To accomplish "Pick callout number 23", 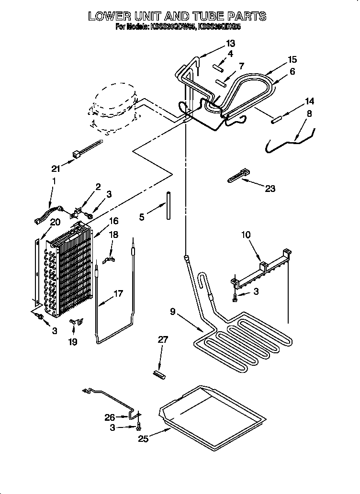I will coord(270,189).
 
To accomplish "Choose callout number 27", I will coord(163,340).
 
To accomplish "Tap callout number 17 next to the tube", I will coord(118,293).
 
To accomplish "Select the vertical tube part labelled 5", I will coord(168,206).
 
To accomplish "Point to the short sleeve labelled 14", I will coord(277,120).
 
